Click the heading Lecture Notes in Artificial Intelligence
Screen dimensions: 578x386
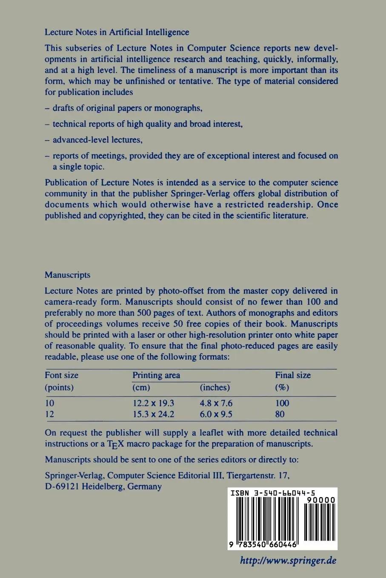117,32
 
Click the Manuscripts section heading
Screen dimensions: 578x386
68,275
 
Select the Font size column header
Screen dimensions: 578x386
62,375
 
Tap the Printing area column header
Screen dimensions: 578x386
156,375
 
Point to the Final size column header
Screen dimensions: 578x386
293,375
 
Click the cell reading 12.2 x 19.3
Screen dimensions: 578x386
153,403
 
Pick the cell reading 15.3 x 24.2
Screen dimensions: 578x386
153,414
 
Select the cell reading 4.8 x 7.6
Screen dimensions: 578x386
216,403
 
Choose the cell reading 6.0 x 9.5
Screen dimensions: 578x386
216,414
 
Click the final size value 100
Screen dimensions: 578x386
282,403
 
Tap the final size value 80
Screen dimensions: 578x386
280,414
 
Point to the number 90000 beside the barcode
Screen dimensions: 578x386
320,501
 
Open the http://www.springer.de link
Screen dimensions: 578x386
288,561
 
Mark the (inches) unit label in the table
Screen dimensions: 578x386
214,388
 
